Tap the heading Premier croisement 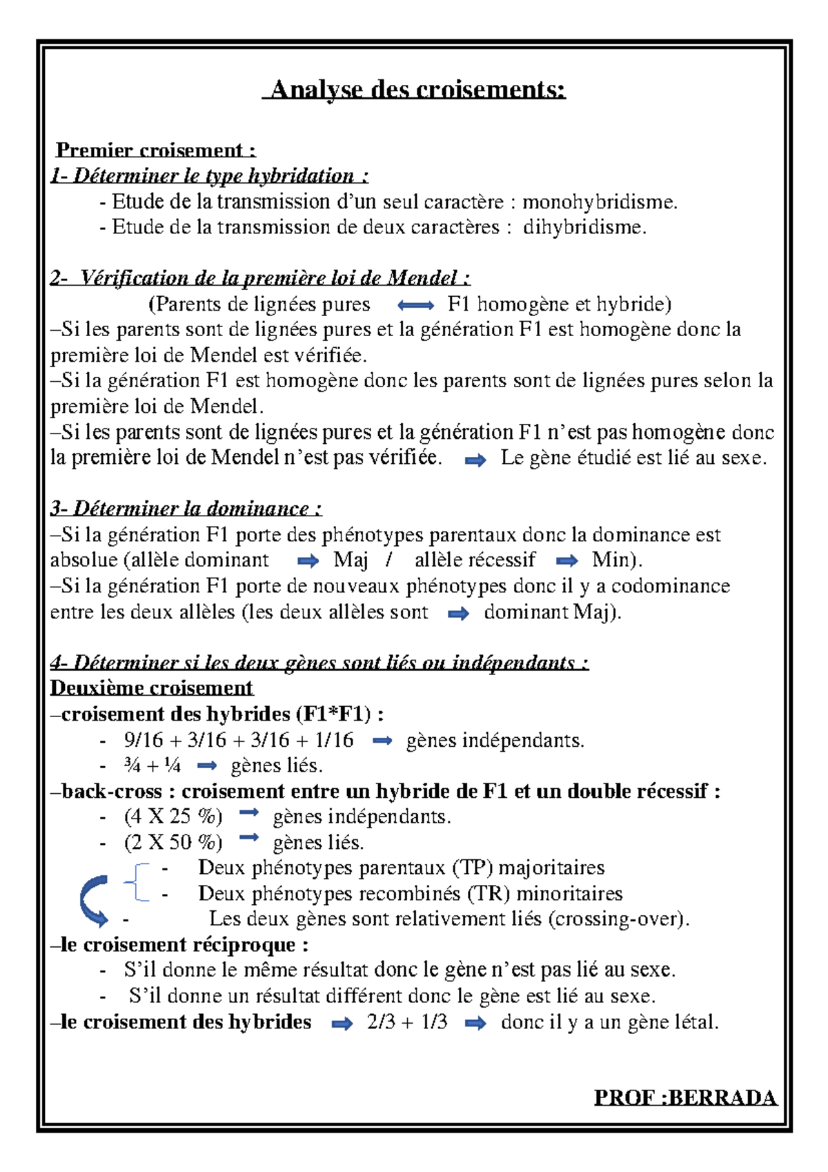pos(155,150)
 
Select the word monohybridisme pos(600,202)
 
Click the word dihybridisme pos(584,227)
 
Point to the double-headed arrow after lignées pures pos(416,305)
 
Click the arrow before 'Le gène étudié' pos(475,460)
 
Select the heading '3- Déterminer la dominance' pos(186,509)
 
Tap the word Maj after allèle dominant pos(351,560)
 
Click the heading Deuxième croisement pos(152,688)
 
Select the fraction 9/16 pos(144,740)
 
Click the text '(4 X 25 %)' pos(173,817)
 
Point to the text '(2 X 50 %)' pos(173,843)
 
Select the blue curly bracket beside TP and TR pos(137,881)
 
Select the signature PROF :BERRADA pos(685,1097)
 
